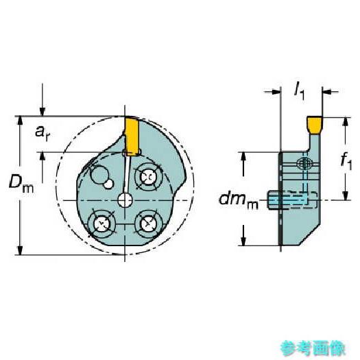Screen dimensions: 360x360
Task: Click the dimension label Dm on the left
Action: tap(21, 183)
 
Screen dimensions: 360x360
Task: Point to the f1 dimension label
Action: tap(347, 162)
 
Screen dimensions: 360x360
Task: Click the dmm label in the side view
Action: tap(237, 201)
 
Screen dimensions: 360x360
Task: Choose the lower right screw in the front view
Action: tap(147, 223)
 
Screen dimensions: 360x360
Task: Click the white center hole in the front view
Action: tap(125, 200)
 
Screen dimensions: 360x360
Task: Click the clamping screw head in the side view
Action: tap(304, 164)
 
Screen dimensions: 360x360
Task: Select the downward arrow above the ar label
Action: tap(43, 108)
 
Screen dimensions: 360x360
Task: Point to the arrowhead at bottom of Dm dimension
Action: tap(21, 251)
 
